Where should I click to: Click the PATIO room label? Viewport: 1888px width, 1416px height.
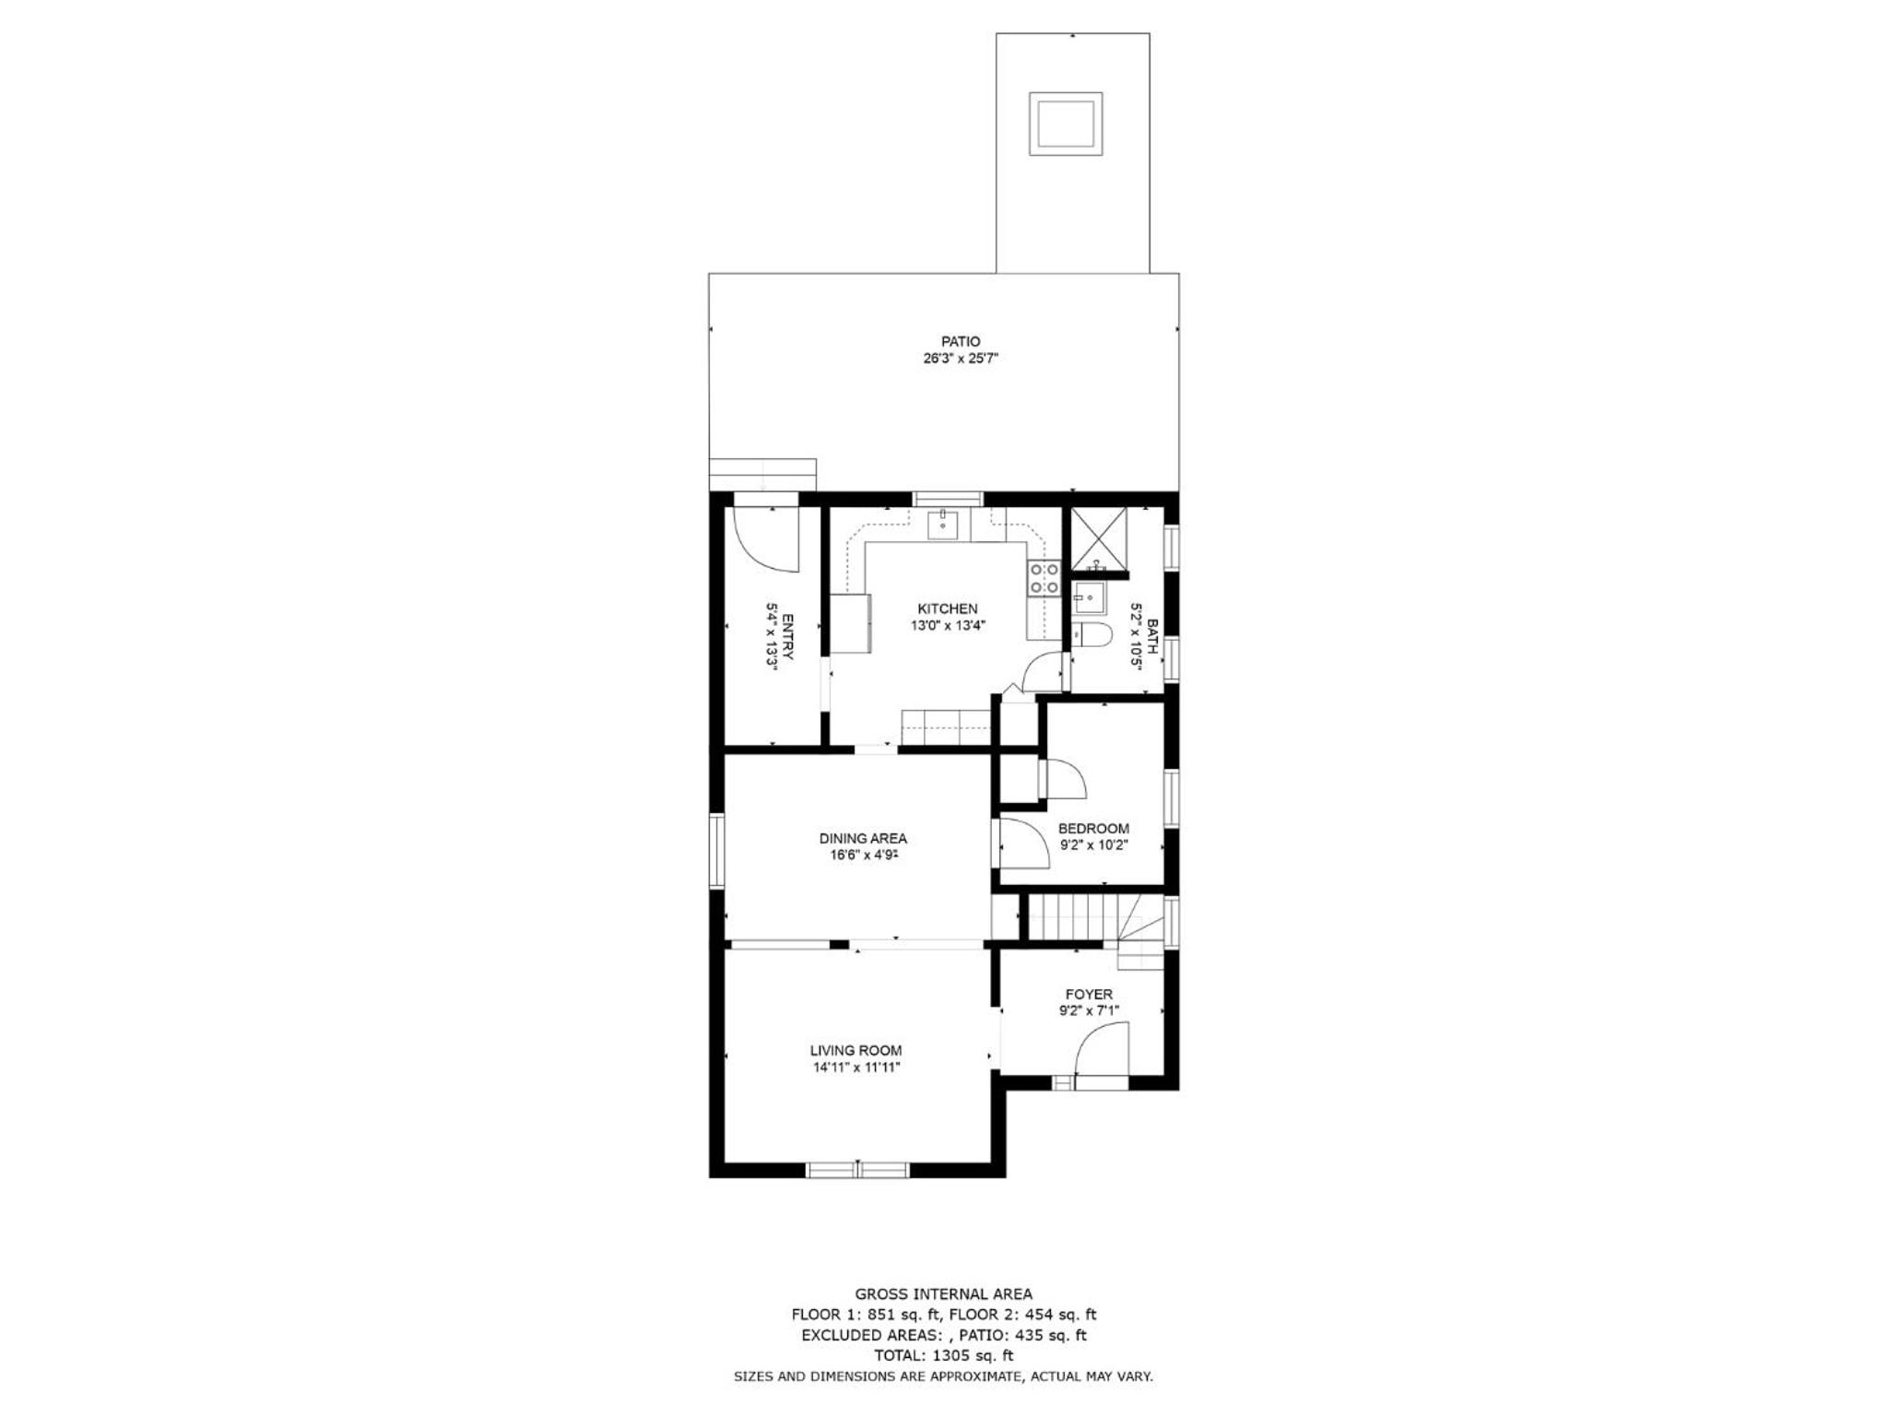click(x=961, y=342)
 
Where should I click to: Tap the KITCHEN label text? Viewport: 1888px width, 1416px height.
click(x=948, y=608)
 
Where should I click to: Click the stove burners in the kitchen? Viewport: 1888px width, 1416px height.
click(x=1044, y=578)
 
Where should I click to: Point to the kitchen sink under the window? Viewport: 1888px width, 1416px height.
click(x=944, y=525)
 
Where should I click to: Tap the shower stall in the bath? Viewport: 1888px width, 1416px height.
click(x=1097, y=538)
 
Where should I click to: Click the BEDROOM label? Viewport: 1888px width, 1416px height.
click(x=1093, y=829)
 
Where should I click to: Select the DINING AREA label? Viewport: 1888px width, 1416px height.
click(x=863, y=839)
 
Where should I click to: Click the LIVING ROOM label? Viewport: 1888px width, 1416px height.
click(x=855, y=1051)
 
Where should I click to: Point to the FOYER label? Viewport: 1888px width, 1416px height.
click(x=1089, y=995)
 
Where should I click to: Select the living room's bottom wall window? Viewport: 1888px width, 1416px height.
click(x=858, y=1170)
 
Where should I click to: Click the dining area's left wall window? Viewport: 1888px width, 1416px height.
click(x=716, y=851)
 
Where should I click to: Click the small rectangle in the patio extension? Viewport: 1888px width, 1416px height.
click(x=1066, y=124)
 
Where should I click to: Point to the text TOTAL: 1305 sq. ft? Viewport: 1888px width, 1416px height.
click(x=943, y=1355)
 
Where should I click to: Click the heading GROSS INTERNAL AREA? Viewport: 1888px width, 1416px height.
click(x=943, y=1294)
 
